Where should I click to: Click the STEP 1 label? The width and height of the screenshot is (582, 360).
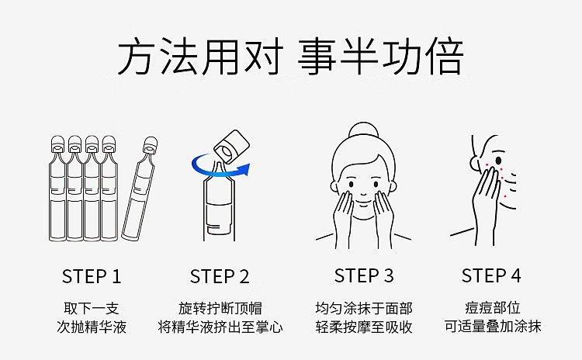pyautogui.click(x=92, y=276)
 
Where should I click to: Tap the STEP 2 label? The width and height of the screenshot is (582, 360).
pyautogui.click(x=220, y=276)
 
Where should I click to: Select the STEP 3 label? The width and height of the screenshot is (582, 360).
pyautogui.click(x=364, y=275)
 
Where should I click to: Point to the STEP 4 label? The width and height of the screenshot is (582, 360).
pyautogui.click(x=491, y=275)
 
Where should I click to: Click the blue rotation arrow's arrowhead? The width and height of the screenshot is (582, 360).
pyautogui.click(x=244, y=169)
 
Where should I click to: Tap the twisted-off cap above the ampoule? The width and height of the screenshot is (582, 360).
pyautogui.click(x=231, y=146)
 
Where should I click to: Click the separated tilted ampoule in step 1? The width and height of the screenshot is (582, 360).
pyautogui.click(x=140, y=189)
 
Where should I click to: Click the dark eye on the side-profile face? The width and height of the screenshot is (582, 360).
pyautogui.click(x=498, y=161)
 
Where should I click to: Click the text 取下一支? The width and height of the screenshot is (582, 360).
pyautogui.click(x=92, y=309)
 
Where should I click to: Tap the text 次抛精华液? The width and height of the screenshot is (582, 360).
pyautogui.click(x=92, y=327)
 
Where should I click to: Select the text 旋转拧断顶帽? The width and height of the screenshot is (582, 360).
pyautogui.click(x=220, y=309)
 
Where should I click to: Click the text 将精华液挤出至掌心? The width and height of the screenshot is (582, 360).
pyautogui.click(x=220, y=327)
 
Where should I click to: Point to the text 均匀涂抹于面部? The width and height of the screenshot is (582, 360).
pyautogui.click(x=364, y=309)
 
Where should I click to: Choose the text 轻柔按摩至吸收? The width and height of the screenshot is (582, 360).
pyautogui.click(x=364, y=327)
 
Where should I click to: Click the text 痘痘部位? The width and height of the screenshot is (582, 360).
pyautogui.click(x=493, y=308)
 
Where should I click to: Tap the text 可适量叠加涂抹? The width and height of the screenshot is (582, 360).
pyautogui.click(x=493, y=326)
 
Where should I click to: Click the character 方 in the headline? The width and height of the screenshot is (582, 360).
pyautogui.click(x=136, y=57)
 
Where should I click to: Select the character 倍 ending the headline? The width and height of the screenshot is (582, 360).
pyautogui.click(x=445, y=57)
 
